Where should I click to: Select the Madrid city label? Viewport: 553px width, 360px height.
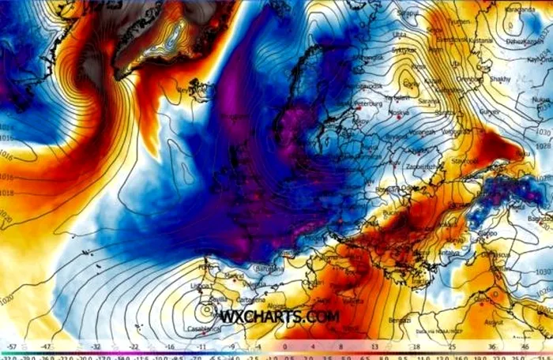(234, 276)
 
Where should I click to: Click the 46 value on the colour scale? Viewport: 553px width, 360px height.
(526, 346)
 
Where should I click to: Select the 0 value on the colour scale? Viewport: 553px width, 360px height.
(283, 346)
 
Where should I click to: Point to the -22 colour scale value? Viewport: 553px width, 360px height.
(134, 346)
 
